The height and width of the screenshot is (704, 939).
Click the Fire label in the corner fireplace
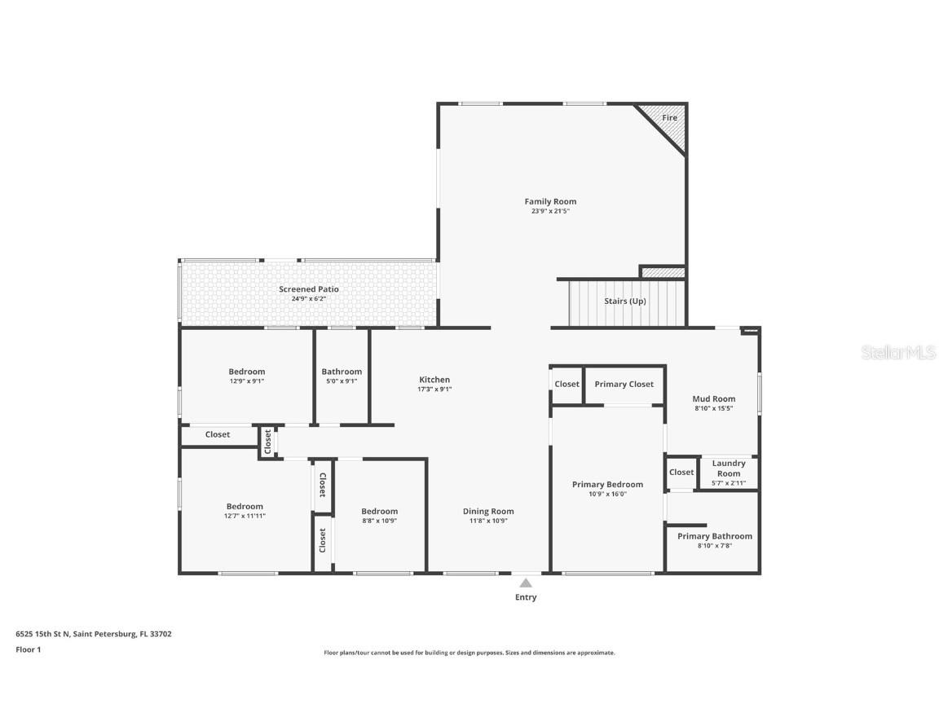[669, 118]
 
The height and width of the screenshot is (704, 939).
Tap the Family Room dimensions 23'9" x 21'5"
[550, 211]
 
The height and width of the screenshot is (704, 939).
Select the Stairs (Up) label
[625, 301]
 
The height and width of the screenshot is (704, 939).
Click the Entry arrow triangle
[526, 583]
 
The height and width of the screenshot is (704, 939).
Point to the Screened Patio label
[308, 289]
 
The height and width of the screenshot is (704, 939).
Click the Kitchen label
[434, 380]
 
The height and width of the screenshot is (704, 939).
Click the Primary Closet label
[624, 385]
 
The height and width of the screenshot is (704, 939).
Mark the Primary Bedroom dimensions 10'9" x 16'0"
[607, 494]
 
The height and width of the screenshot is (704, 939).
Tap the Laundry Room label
[729, 469]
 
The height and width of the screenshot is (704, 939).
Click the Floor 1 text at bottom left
[28, 649]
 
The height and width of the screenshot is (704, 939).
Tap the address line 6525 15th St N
[93, 633]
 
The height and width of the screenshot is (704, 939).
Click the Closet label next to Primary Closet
[566, 385]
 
